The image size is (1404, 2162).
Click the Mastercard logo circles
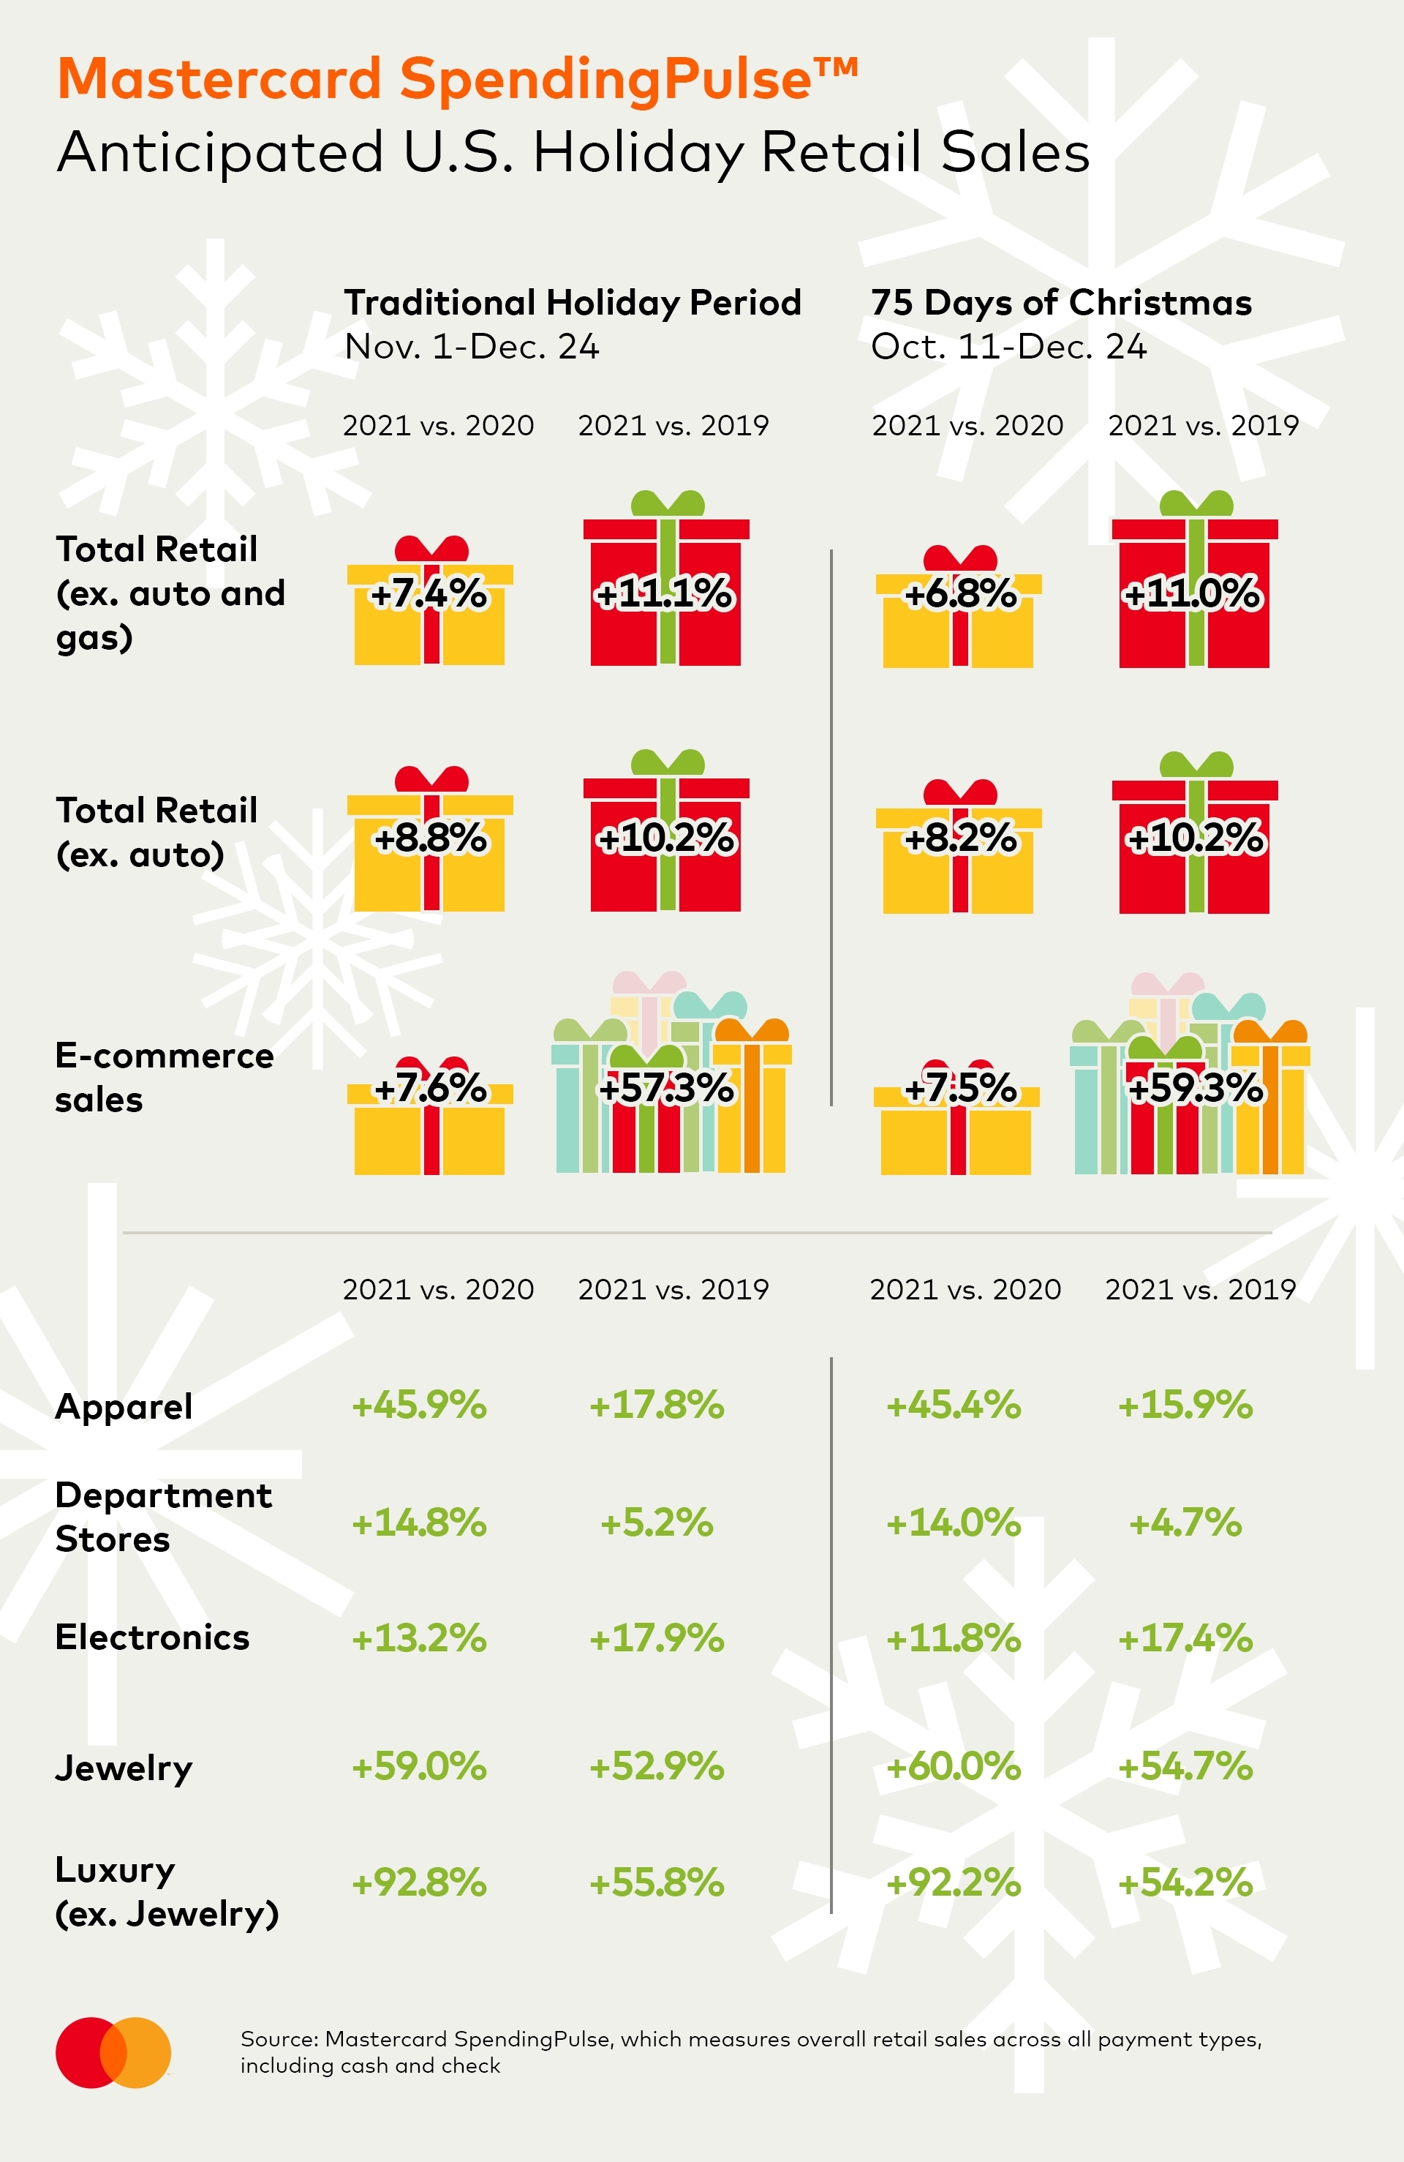(x=113, y=2053)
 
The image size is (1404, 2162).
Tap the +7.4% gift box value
(x=429, y=594)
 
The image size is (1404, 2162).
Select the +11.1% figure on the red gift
(x=664, y=594)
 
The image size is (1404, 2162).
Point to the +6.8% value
(x=961, y=594)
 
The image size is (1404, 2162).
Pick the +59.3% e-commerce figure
(x=1194, y=1087)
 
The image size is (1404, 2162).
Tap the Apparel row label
(x=124, y=1407)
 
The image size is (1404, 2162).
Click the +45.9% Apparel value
(x=420, y=1405)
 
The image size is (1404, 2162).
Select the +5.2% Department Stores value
(x=657, y=1523)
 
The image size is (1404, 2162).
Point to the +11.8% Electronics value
(x=954, y=1639)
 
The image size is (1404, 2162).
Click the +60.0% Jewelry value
(x=954, y=1767)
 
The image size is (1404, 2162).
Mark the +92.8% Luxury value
(x=420, y=1883)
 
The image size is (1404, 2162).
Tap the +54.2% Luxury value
(x=1185, y=1883)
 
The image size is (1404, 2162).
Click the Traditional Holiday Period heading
(x=572, y=302)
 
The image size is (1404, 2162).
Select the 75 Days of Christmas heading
(x=1061, y=302)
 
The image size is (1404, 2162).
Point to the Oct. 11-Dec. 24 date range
(x=1008, y=347)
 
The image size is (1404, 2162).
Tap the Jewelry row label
(x=124, y=1768)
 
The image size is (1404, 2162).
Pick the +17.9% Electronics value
(x=657, y=1639)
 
